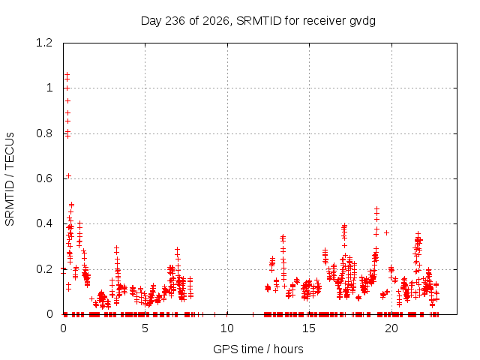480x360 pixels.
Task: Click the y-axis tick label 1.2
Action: [x=44, y=43]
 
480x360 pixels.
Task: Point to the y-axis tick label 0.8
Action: [x=44, y=133]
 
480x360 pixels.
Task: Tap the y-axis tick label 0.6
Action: [x=44, y=178]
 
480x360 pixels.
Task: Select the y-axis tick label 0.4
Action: [x=44, y=223]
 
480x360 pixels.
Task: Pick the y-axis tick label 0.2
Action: [x=44, y=269]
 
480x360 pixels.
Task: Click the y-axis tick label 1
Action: [x=49, y=88]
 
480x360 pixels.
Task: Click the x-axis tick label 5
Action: [x=145, y=328]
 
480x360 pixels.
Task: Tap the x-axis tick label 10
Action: [x=226, y=328]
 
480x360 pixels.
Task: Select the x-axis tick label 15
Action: [x=309, y=328]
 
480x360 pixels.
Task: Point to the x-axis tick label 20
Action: [x=391, y=328]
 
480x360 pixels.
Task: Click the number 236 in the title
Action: [x=175, y=21]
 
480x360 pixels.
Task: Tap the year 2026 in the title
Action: [x=216, y=21]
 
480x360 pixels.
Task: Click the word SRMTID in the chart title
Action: [x=259, y=21]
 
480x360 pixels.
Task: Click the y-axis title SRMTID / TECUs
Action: [x=10, y=179]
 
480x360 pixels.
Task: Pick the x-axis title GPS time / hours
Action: [x=258, y=349]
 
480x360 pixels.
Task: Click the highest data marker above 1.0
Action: [x=67, y=74]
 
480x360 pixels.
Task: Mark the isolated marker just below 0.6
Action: [x=68, y=175]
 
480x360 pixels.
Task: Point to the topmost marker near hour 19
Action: [x=376, y=208]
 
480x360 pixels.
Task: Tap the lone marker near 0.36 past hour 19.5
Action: [x=387, y=233]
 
